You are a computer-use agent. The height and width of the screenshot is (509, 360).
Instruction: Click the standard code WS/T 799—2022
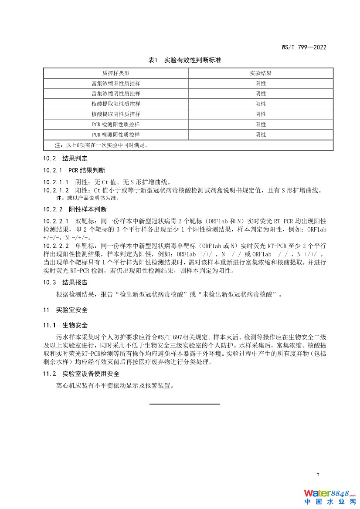[x=304, y=47]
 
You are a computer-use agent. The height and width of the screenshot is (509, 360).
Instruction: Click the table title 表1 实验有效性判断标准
[x=188, y=60]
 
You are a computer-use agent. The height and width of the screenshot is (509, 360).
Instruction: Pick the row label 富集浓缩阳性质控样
[x=116, y=83]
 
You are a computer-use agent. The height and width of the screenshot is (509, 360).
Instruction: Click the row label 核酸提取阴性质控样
[x=116, y=114]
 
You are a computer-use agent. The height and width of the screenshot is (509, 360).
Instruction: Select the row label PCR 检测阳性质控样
[x=116, y=125]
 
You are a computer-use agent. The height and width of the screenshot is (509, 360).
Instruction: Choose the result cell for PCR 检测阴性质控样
[x=261, y=135]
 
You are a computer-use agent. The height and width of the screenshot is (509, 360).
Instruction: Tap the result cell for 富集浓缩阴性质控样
[x=261, y=94]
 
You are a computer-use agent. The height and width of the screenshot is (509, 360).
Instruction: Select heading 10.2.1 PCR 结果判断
[x=74, y=170]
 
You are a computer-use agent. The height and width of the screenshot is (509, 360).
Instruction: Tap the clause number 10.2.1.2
[x=56, y=190]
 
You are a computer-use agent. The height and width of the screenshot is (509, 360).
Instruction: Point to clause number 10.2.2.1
[x=56, y=221]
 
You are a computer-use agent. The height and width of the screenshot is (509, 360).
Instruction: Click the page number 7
[x=318, y=475]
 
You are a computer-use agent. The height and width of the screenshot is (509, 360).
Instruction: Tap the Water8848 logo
[x=330, y=497]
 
